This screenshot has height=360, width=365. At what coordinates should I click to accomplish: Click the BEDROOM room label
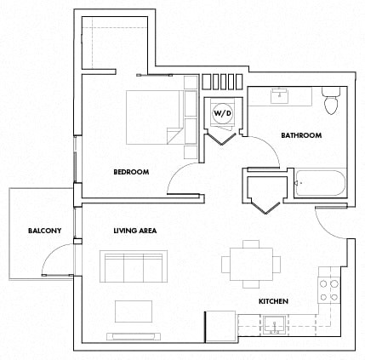(x=131, y=172)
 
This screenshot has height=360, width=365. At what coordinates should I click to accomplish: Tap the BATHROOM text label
(x=301, y=135)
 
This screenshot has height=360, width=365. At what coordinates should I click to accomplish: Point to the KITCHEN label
(x=274, y=302)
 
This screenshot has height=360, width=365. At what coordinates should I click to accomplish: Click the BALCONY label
(x=44, y=231)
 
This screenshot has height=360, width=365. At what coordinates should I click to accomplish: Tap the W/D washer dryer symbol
(x=222, y=111)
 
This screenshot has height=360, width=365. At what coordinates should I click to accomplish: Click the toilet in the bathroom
(x=332, y=101)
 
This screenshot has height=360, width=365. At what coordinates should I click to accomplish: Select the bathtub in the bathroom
(x=318, y=182)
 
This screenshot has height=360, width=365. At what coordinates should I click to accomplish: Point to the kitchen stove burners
(x=328, y=292)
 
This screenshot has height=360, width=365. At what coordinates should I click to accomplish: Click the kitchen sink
(x=274, y=323)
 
